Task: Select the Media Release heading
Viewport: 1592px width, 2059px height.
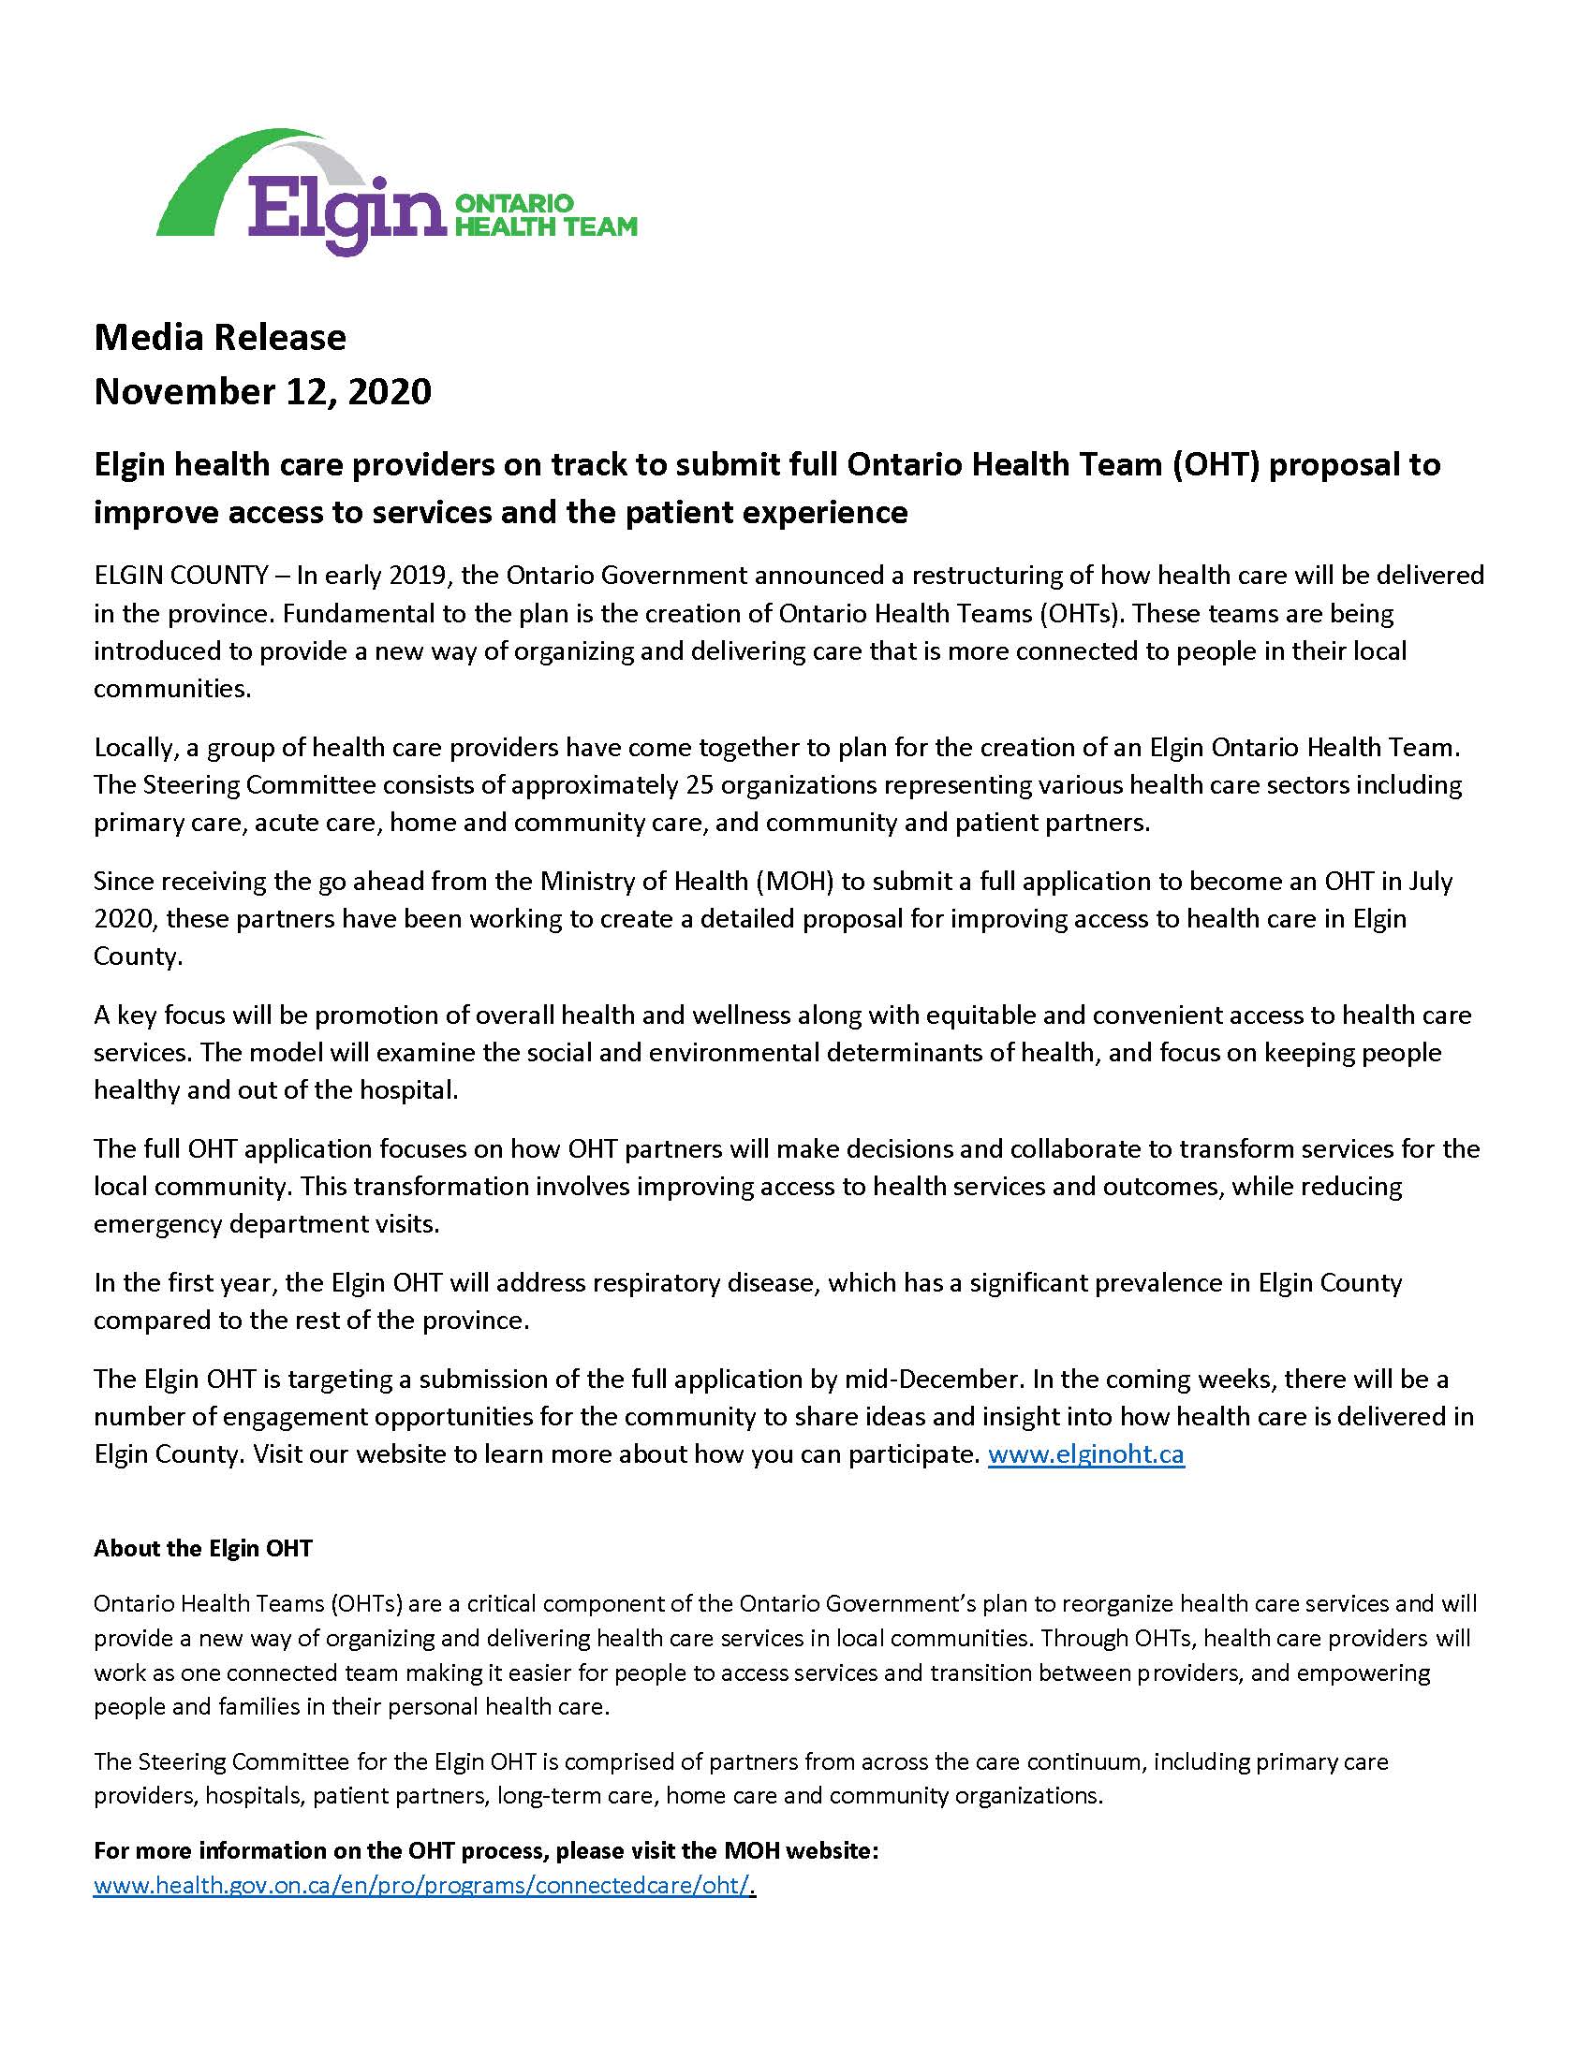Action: [220, 337]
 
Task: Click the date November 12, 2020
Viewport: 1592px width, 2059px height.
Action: [262, 390]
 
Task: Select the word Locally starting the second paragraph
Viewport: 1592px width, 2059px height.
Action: [130, 748]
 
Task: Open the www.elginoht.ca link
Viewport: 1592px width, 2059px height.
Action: [1085, 1454]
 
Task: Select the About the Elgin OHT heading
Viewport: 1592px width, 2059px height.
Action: [203, 1548]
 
